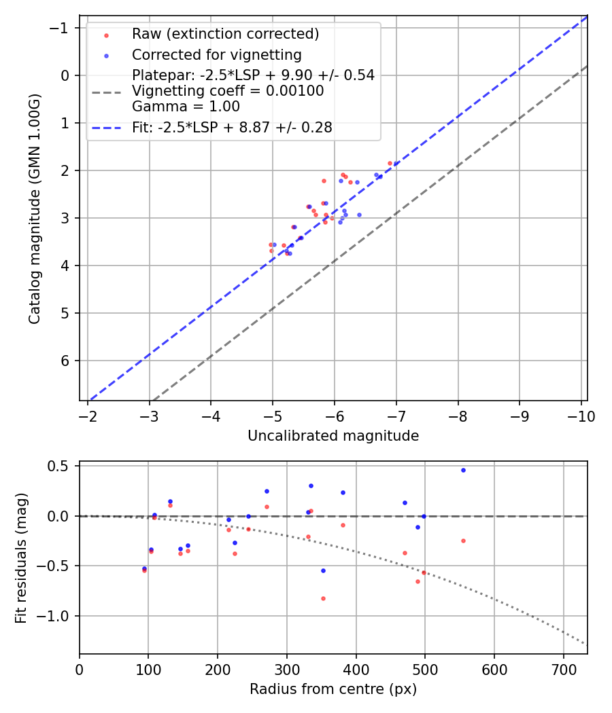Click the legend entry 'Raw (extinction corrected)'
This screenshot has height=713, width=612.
pos(225,34)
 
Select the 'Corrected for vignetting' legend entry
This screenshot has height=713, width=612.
pos(216,54)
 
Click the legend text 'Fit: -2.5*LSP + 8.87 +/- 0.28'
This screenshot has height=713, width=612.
pos(232,128)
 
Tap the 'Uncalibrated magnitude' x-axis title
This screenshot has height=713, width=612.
pos(333,435)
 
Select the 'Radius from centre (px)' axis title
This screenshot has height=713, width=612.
pos(333,689)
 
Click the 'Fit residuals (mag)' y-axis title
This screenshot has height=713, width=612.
pos(21,557)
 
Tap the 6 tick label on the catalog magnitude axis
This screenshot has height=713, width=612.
pos(66,361)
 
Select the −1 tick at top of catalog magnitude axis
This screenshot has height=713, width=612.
pos(62,28)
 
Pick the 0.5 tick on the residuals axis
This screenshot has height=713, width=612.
pos(62,466)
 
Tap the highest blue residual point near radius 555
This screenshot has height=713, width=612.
pos(463,470)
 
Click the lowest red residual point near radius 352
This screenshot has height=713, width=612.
pos(323,598)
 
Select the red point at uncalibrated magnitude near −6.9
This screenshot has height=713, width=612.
pos(390,163)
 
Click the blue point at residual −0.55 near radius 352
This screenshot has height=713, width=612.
pos(323,570)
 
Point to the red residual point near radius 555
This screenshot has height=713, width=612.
pos(463,541)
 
